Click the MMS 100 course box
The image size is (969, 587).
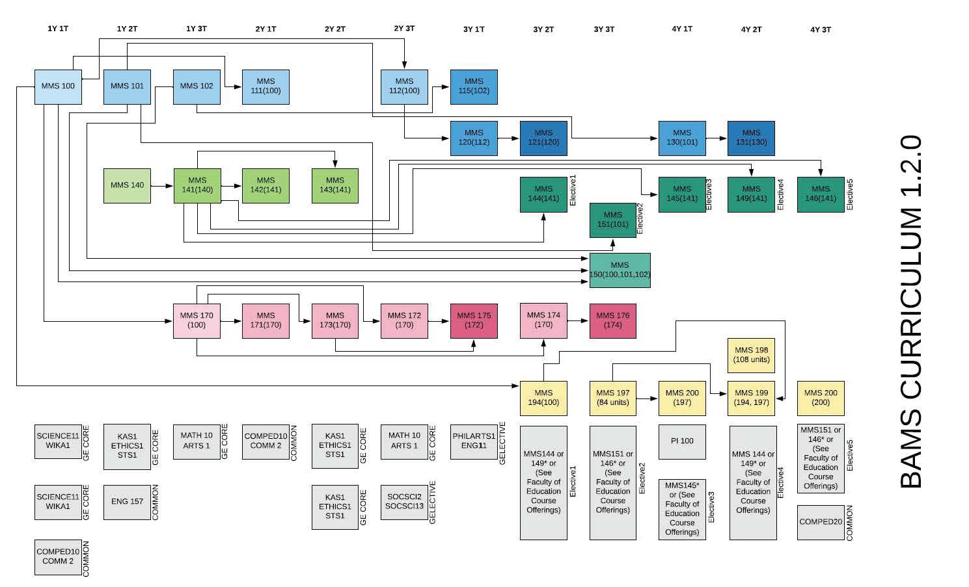click(58, 86)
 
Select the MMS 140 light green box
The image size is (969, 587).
click(127, 185)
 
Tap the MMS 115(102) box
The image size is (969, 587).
click(474, 86)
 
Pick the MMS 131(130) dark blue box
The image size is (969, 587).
click(751, 138)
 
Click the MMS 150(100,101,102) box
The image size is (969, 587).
click(620, 270)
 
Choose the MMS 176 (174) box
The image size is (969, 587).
click(612, 320)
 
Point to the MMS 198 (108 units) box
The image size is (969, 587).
click(751, 355)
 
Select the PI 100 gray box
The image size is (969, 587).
click(682, 441)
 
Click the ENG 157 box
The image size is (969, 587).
click(127, 502)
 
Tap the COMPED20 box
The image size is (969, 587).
click(820, 522)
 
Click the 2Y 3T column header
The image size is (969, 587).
click(404, 29)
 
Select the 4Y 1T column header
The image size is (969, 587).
click(682, 29)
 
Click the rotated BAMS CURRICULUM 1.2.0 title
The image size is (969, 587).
click(911, 312)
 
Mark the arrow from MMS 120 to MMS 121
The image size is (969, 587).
click(509, 138)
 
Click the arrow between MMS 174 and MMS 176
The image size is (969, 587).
click(578, 320)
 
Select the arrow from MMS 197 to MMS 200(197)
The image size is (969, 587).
click(648, 398)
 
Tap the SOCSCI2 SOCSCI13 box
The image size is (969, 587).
click(404, 502)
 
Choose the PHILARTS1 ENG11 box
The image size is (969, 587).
click(474, 441)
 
